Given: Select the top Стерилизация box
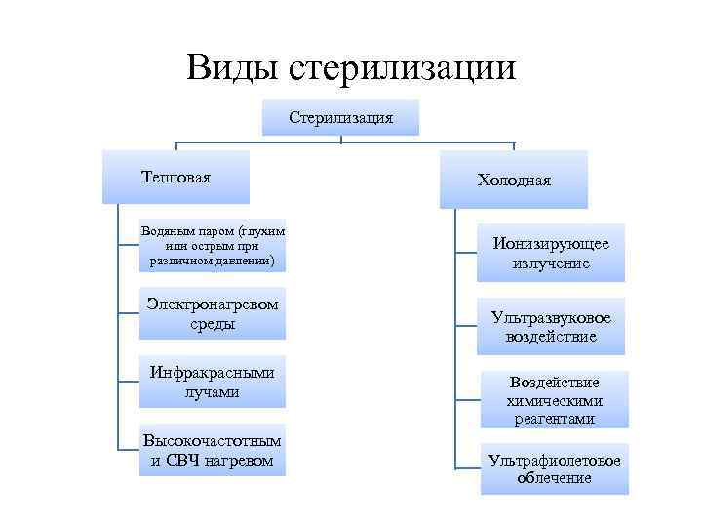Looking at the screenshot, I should [340, 117].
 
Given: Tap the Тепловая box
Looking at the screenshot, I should [175, 177].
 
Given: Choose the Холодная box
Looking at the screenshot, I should [514, 180].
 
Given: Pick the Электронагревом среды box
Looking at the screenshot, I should [213, 313].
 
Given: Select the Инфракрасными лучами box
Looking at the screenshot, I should [213, 382].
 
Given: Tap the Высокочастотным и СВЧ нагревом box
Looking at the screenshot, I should [213, 450].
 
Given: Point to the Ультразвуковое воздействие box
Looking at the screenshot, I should [551, 327].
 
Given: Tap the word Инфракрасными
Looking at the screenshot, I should [213, 372].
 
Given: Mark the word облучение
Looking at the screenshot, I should [555, 478].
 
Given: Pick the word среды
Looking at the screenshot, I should [213, 323].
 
